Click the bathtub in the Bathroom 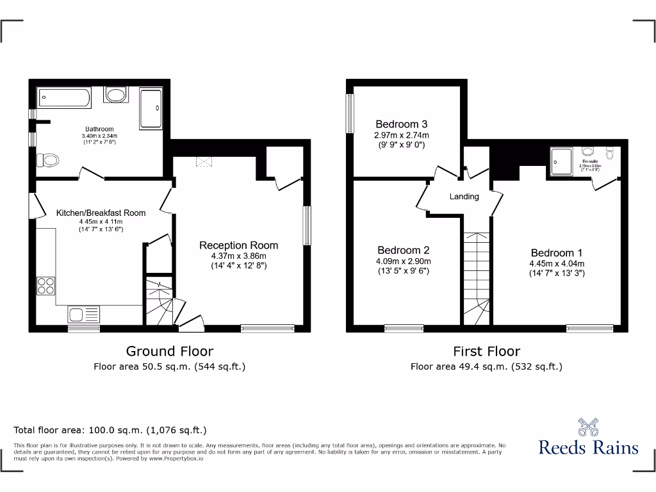click(x=64, y=98)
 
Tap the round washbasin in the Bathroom click(x=117, y=95)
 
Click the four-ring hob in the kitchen click(x=45, y=284)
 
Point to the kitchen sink click(x=83, y=315)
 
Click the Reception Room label click(x=238, y=245)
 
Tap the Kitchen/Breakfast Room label click(x=101, y=213)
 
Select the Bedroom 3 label click(x=402, y=124)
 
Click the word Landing click(x=464, y=197)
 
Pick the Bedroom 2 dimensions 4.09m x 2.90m click(x=403, y=261)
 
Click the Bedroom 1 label click(x=556, y=252)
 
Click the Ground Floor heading click(x=169, y=351)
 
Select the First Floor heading click(x=486, y=351)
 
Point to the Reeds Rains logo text click(x=588, y=447)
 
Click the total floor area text click(x=110, y=430)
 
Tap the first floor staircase click(x=476, y=275)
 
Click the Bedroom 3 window click(x=350, y=114)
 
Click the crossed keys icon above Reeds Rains click(x=588, y=426)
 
